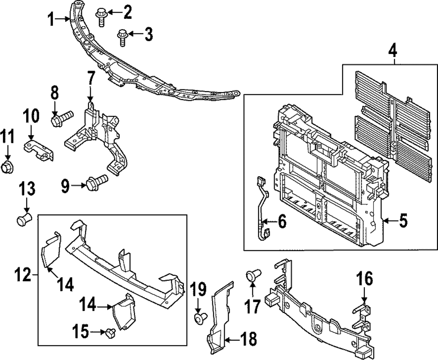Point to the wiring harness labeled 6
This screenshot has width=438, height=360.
point(262,206)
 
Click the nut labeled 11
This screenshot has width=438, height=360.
point(8,167)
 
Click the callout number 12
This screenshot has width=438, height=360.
point(24,276)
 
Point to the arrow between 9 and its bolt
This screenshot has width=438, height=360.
point(79,185)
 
